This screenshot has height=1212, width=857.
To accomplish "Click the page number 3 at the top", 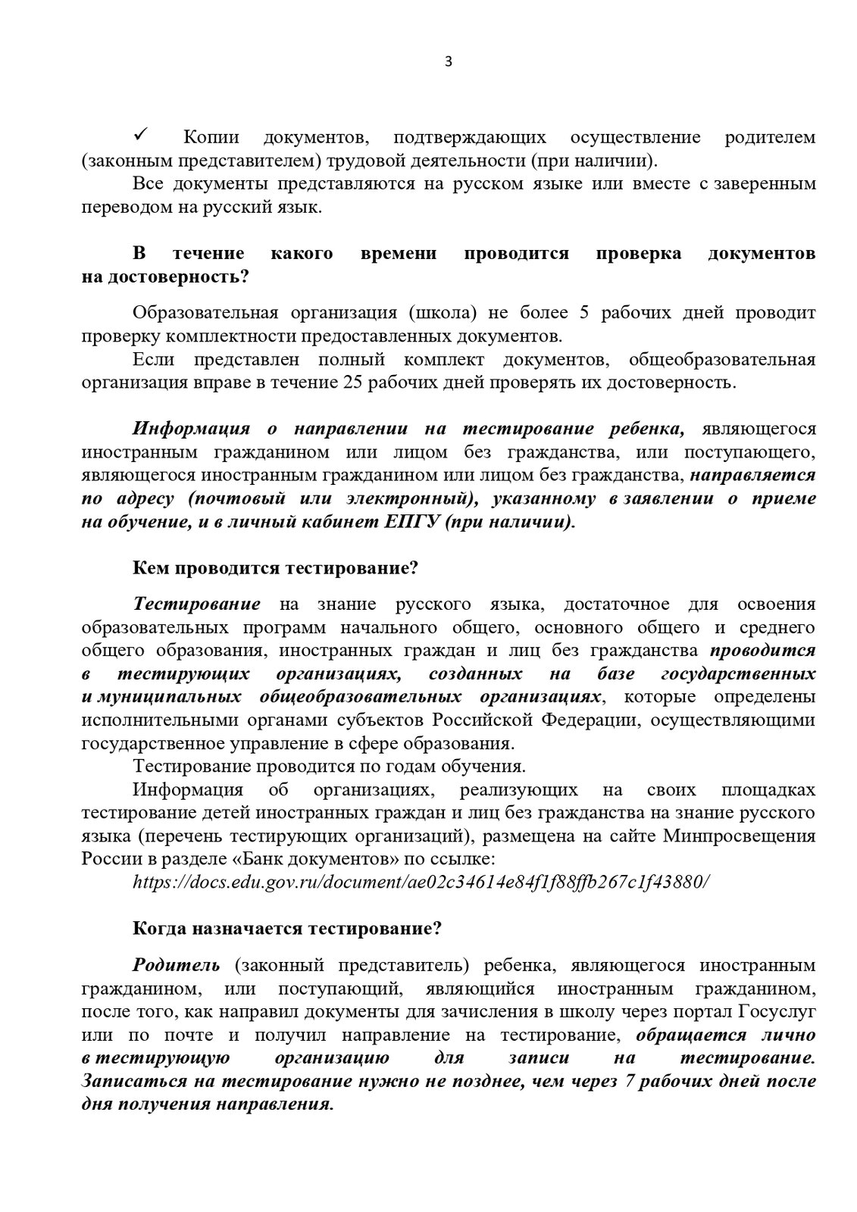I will (448, 62).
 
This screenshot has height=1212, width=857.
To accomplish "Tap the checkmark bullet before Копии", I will (141, 136).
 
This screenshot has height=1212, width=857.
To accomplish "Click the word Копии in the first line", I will (211, 138).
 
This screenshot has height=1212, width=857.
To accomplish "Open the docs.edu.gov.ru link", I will (421, 882).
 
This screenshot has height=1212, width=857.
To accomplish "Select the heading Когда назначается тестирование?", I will (287, 929).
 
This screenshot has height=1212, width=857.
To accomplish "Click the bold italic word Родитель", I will (177, 965).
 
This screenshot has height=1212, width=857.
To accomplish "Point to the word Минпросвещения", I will (740, 836).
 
